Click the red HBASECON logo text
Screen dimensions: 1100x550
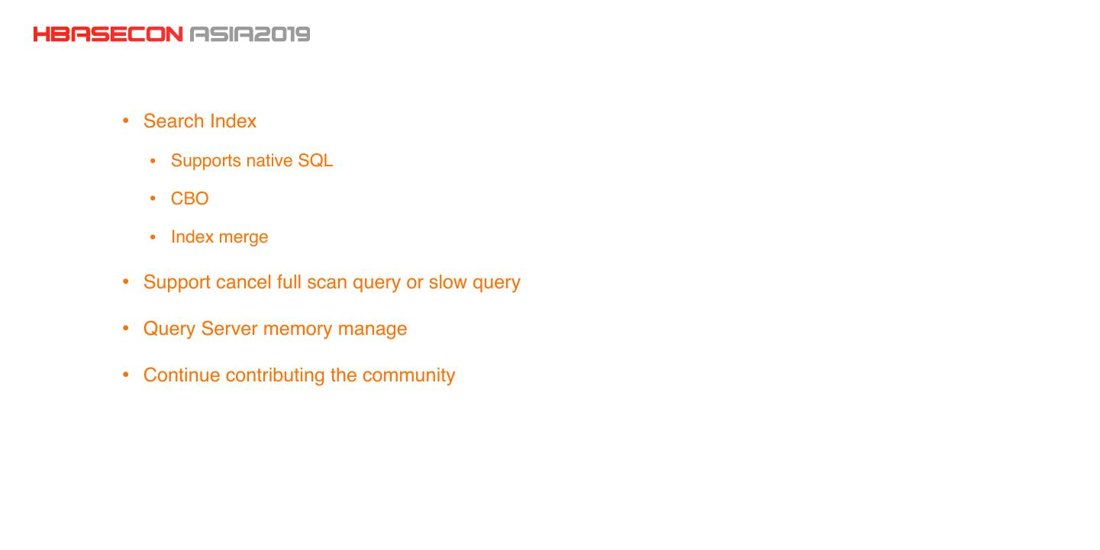click(x=108, y=34)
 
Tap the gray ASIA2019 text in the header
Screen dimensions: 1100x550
click(x=250, y=34)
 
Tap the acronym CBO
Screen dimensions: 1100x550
click(x=190, y=199)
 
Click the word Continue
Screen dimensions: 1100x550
click(x=182, y=375)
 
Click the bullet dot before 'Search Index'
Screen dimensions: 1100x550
click(x=126, y=121)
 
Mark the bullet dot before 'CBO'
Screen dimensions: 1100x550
click(x=153, y=199)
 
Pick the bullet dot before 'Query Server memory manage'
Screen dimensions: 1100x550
click(x=126, y=329)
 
